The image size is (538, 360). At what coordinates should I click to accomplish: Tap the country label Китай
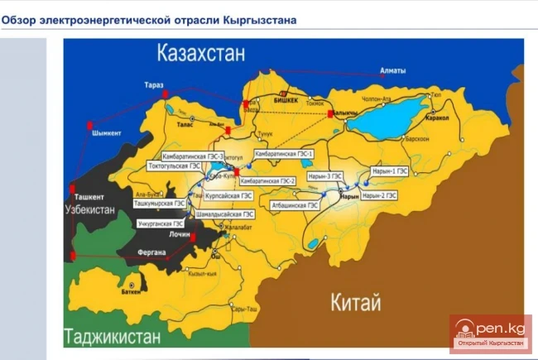[x=358, y=301]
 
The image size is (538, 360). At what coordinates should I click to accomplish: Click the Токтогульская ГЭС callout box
[x=174, y=166]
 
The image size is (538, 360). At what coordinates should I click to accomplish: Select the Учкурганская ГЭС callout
[x=161, y=223]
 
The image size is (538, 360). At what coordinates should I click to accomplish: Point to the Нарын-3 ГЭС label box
[x=324, y=176]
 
